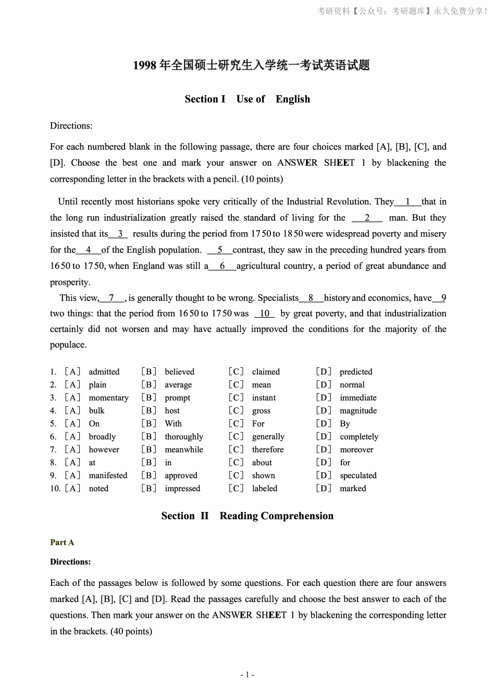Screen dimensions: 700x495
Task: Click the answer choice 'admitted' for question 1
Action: tap(104, 372)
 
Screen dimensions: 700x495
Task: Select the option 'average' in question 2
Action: tap(178, 385)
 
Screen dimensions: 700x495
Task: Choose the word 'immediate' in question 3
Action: tap(358, 398)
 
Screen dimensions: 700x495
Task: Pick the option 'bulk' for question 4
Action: tap(96, 411)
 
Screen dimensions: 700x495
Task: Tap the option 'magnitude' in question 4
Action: tap(358, 411)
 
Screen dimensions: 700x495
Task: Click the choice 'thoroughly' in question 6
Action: tap(184, 437)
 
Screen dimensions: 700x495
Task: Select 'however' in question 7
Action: tap(104, 449)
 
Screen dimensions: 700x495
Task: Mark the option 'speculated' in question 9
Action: tap(358, 476)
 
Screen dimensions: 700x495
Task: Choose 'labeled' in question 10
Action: tap(265, 489)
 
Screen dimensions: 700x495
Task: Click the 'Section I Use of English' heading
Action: tap(247, 99)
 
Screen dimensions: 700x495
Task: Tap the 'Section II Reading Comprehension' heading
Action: tap(247, 516)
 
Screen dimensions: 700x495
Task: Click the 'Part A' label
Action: tap(62, 542)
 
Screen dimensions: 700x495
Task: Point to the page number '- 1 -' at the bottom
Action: tap(247, 675)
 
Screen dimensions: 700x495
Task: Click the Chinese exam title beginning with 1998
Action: tap(251, 65)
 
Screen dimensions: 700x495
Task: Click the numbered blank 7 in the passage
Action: tap(112, 298)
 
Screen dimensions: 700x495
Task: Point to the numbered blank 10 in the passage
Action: tap(265, 314)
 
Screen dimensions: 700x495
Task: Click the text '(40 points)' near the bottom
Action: tap(131, 631)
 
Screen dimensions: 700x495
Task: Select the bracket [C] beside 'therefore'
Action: tap(236, 449)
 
